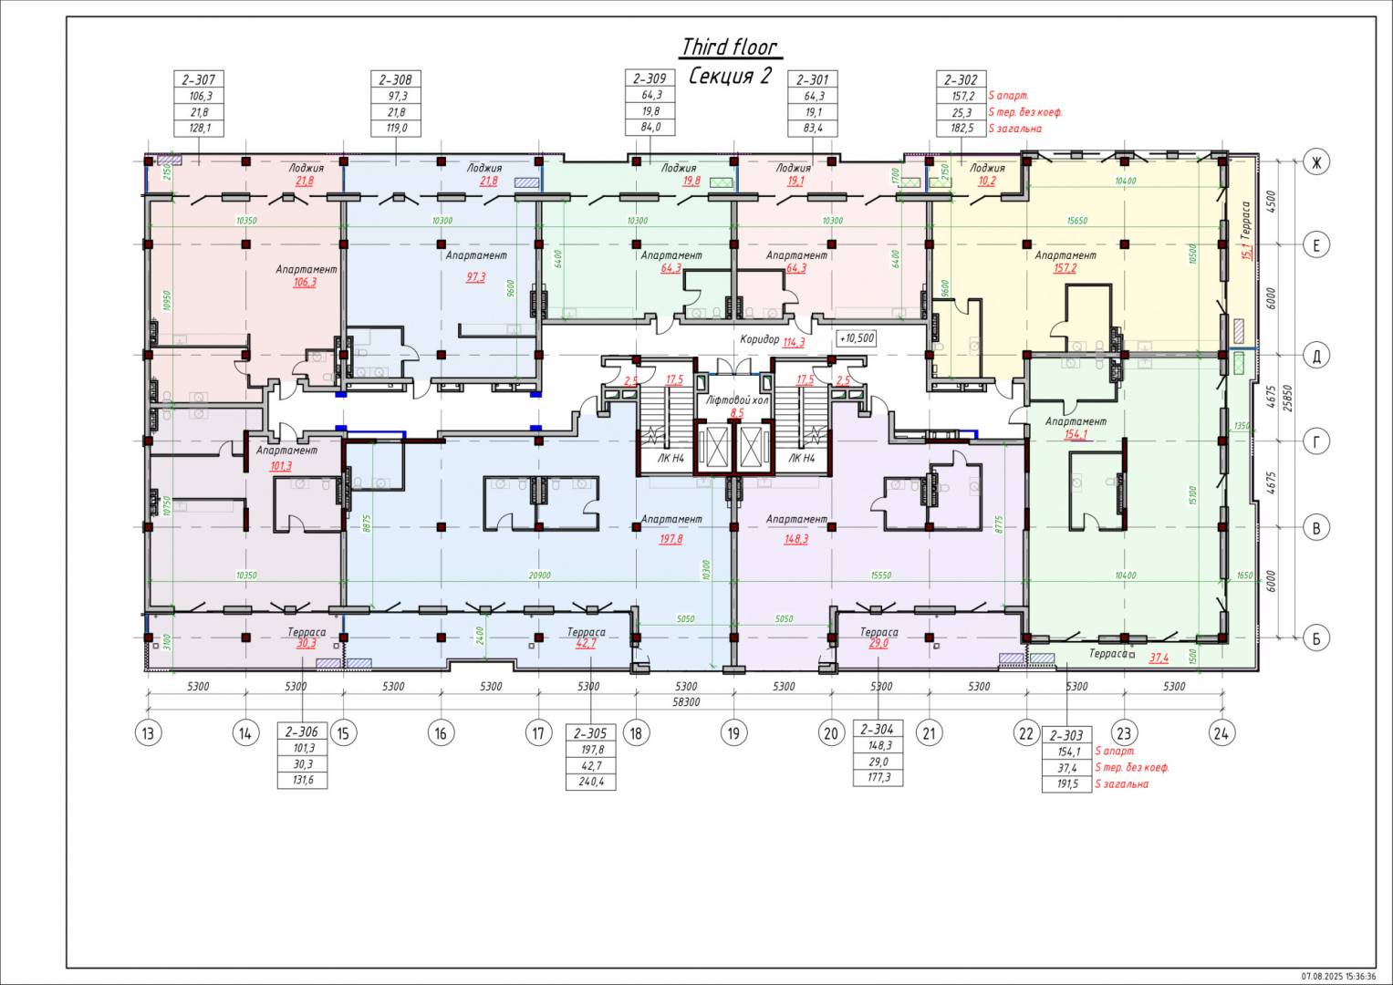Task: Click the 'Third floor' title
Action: pyautogui.click(x=729, y=47)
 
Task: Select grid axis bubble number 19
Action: pyautogui.click(x=733, y=732)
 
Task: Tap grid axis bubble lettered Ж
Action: pyautogui.click(x=1316, y=162)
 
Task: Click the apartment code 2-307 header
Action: pyautogui.click(x=199, y=80)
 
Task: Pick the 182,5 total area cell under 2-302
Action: pyautogui.click(x=962, y=129)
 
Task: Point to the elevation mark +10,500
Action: pyautogui.click(x=857, y=338)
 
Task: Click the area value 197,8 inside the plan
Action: pyautogui.click(x=671, y=539)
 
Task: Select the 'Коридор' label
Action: pyautogui.click(x=759, y=339)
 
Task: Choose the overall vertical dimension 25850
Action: pyautogui.click(x=1287, y=397)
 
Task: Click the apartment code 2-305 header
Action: pyautogui.click(x=591, y=733)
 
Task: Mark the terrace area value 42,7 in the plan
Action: pyautogui.click(x=586, y=643)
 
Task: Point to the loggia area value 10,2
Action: pyautogui.click(x=987, y=181)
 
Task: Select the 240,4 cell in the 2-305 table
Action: pyautogui.click(x=591, y=782)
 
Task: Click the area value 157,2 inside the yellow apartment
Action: pyautogui.click(x=1065, y=268)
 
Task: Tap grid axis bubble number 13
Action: pyautogui.click(x=147, y=732)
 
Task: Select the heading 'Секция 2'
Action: pyautogui.click(x=729, y=76)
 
